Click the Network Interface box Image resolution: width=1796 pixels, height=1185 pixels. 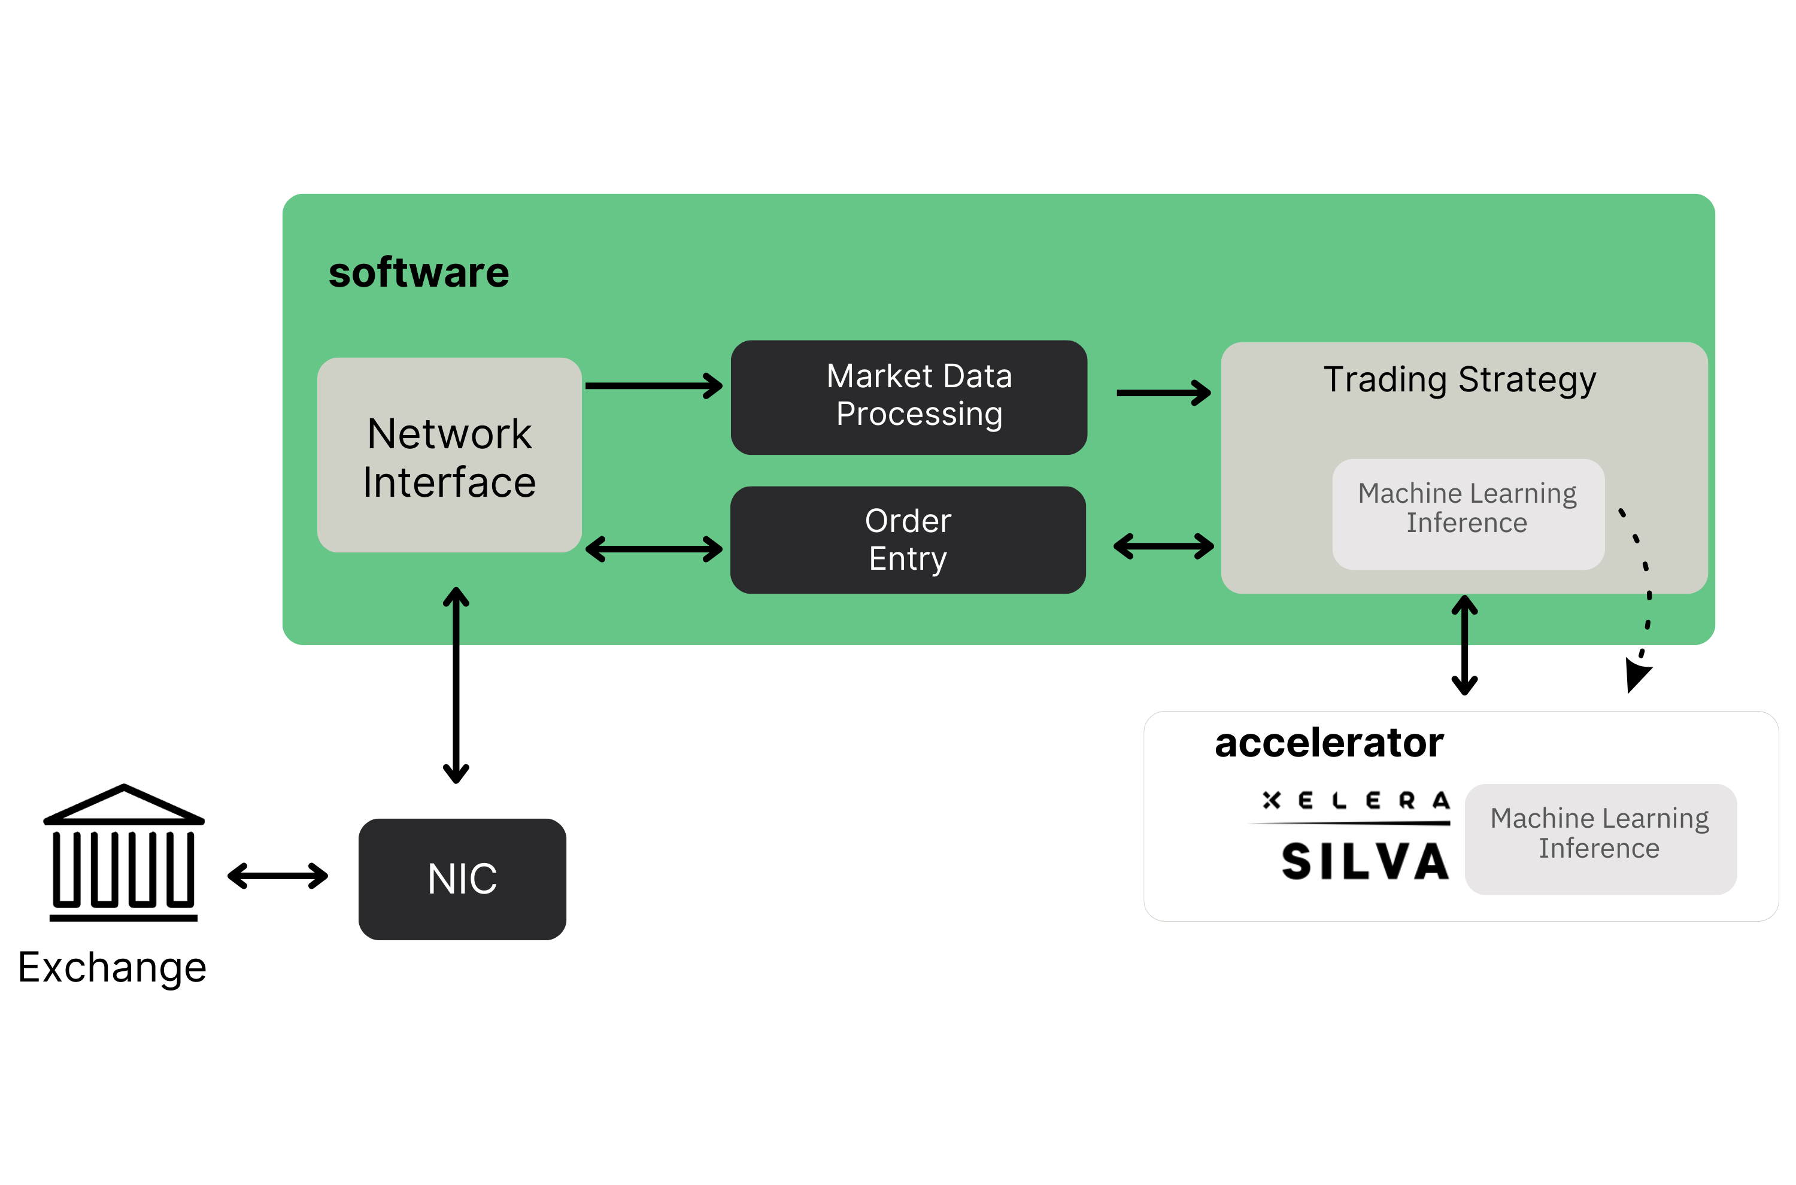[x=449, y=455]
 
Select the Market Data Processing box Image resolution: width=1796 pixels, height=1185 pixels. [x=909, y=397]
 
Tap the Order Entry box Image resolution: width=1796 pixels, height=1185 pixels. [x=908, y=540]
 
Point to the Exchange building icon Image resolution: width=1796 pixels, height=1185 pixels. [x=124, y=852]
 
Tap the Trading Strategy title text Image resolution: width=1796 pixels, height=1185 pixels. [x=1459, y=379]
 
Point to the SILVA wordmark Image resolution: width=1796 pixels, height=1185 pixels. [x=1365, y=862]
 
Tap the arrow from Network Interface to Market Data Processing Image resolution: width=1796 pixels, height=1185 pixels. [x=654, y=385]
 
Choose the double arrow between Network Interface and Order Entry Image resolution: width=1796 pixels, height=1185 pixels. [x=654, y=549]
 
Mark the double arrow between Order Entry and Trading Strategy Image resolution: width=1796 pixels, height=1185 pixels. [x=1163, y=546]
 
